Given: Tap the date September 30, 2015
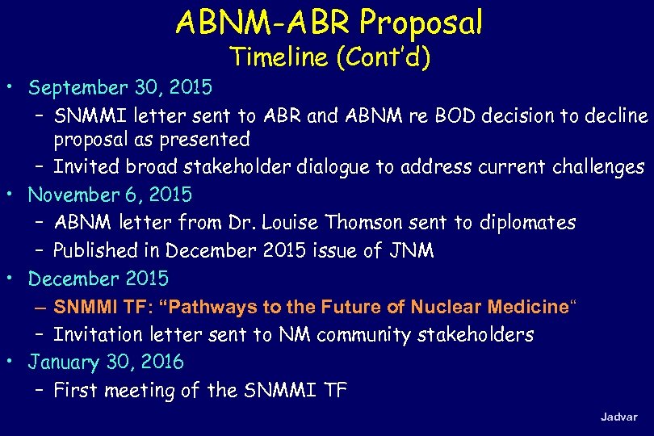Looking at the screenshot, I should point(119,87).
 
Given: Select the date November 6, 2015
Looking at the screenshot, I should point(110,195).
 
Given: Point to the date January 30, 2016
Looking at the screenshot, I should point(106,362).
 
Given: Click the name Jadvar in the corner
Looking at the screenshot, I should point(618,417).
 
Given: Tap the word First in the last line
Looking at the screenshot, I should point(74,391).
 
